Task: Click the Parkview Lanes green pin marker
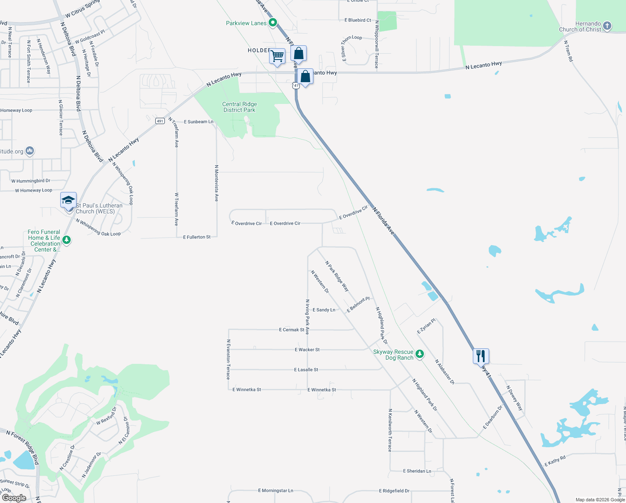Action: tap(273, 23)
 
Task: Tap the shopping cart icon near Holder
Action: tap(277, 56)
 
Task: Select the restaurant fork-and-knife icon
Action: tap(481, 356)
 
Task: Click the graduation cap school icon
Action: tap(68, 200)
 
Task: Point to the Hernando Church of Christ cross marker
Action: tap(607, 26)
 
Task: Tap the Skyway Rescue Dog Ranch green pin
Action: tap(420, 354)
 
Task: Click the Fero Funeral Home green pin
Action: tap(66, 240)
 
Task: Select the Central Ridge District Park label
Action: tap(240, 107)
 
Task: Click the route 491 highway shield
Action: tap(160, 121)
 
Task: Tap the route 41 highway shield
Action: tap(296, 86)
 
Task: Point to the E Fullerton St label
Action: tap(197, 237)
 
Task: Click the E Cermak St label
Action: tap(292, 330)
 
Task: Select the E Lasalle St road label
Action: tap(306, 370)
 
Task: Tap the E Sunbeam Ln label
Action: tap(198, 122)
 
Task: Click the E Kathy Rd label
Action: tap(555, 461)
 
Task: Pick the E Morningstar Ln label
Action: tap(275, 490)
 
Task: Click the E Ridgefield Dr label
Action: tap(394, 491)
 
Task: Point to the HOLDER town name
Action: tap(259, 50)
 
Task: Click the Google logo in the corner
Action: tap(14, 498)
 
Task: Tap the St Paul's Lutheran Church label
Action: tap(99, 208)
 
